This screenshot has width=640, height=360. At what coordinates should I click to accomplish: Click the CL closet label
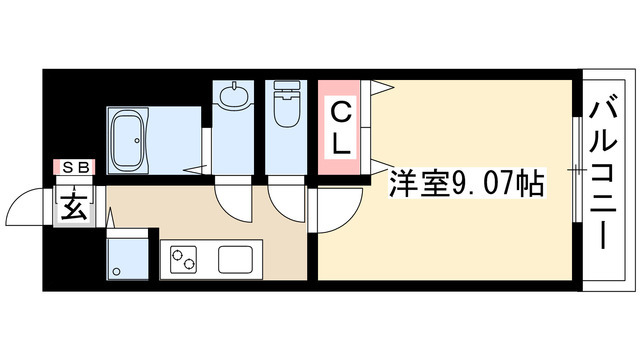(x=340, y=125)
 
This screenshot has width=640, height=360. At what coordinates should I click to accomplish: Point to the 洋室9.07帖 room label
(x=465, y=183)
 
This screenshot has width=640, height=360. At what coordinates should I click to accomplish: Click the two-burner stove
(x=185, y=261)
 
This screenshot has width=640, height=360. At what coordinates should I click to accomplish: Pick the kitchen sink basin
(x=237, y=260)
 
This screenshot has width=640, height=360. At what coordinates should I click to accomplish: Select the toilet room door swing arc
(x=290, y=207)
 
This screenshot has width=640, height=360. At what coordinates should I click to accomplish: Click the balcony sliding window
(x=577, y=172)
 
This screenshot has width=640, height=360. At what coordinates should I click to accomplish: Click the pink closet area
(x=341, y=126)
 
